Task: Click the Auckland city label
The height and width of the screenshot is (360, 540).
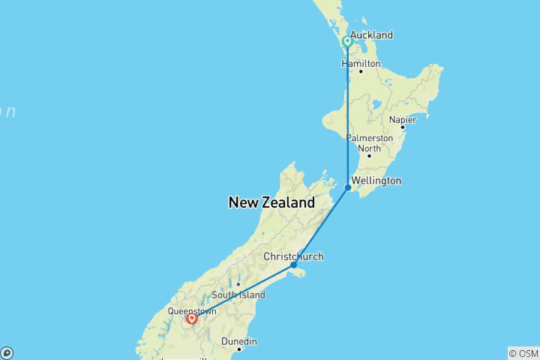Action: (x=371, y=35)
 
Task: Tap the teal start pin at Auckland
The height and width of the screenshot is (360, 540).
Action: (x=347, y=42)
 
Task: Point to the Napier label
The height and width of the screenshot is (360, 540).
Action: (x=402, y=119)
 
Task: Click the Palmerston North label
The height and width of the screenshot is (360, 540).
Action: (x=369, y=143)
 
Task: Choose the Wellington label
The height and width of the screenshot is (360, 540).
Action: (x=377, y=181)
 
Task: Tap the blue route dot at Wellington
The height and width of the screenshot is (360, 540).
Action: (x=348, y=187)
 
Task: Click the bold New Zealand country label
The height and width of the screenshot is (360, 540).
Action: (x=271, y=202)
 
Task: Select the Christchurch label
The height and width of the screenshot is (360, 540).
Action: (x=293, y=256)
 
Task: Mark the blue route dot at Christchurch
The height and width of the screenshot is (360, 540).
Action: (x=293, y=265)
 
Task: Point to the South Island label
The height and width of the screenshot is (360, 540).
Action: (x=238, y=295)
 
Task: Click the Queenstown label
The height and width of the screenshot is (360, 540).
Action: (x=192, y=310)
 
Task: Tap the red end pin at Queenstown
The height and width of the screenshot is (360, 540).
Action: (x=192, y=319)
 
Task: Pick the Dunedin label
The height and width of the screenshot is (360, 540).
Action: (x=239, y=341)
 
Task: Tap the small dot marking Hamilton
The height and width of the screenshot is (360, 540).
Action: (x=360, y=71)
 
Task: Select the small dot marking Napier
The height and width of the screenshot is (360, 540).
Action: (x=402, y=127)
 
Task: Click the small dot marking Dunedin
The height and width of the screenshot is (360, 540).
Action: (x=239, y=349)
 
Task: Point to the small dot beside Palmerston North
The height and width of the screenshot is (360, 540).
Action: (x=368, y=155)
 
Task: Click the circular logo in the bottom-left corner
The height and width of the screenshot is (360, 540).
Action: (x=6, y=353)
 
